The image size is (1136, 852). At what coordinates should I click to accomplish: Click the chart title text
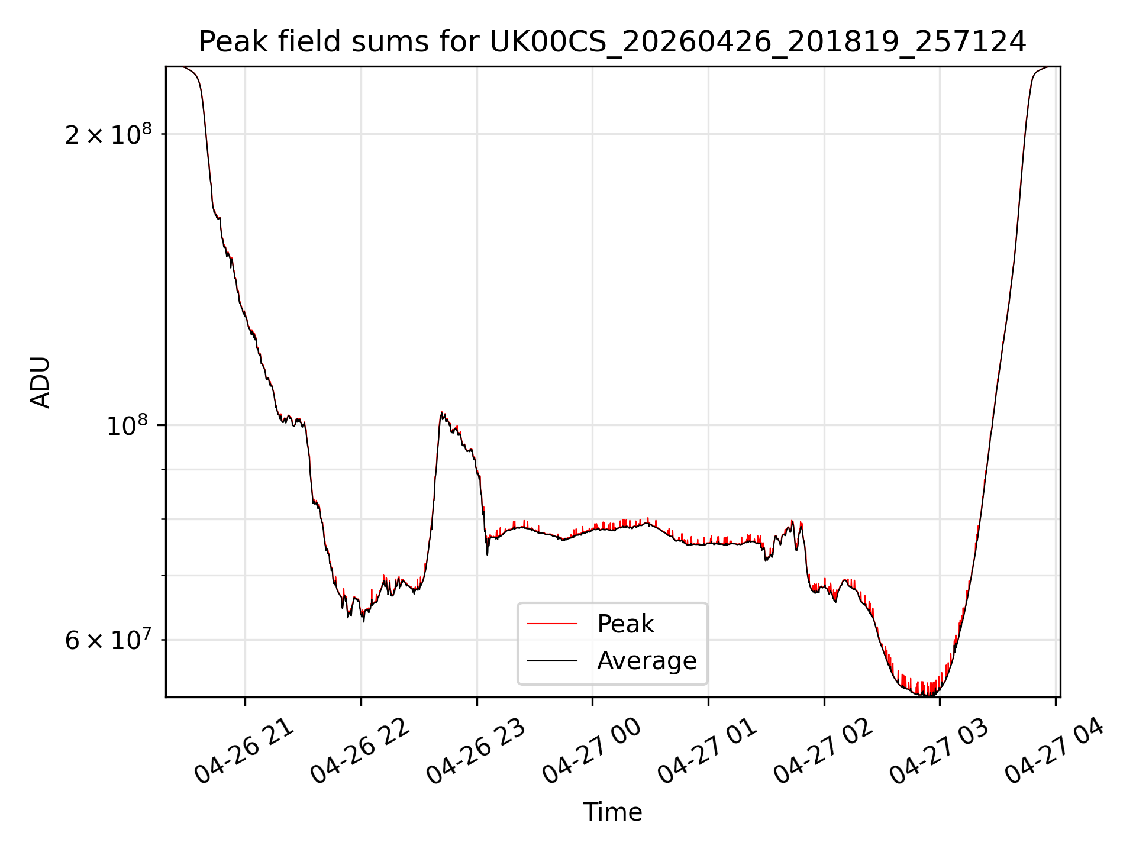click(x=612, y=42)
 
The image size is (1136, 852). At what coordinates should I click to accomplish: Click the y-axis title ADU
click(x=40, y=382)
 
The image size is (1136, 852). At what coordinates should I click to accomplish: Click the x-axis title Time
click(x=612, y=812)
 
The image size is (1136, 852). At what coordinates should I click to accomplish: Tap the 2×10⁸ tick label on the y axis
click(x=108, y=135)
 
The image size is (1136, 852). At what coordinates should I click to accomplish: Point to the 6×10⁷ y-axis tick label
click(x=108, y=640)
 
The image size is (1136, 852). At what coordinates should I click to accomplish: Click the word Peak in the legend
click(x=625, y=624)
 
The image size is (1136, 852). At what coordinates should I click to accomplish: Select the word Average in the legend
click(x=647, y=660)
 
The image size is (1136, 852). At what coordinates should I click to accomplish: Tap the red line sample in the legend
click(x=552, y=624)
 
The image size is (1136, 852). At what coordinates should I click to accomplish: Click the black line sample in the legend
click(x=552, y=660)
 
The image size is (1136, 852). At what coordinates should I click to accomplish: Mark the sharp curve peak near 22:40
click(x=441, y=412)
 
